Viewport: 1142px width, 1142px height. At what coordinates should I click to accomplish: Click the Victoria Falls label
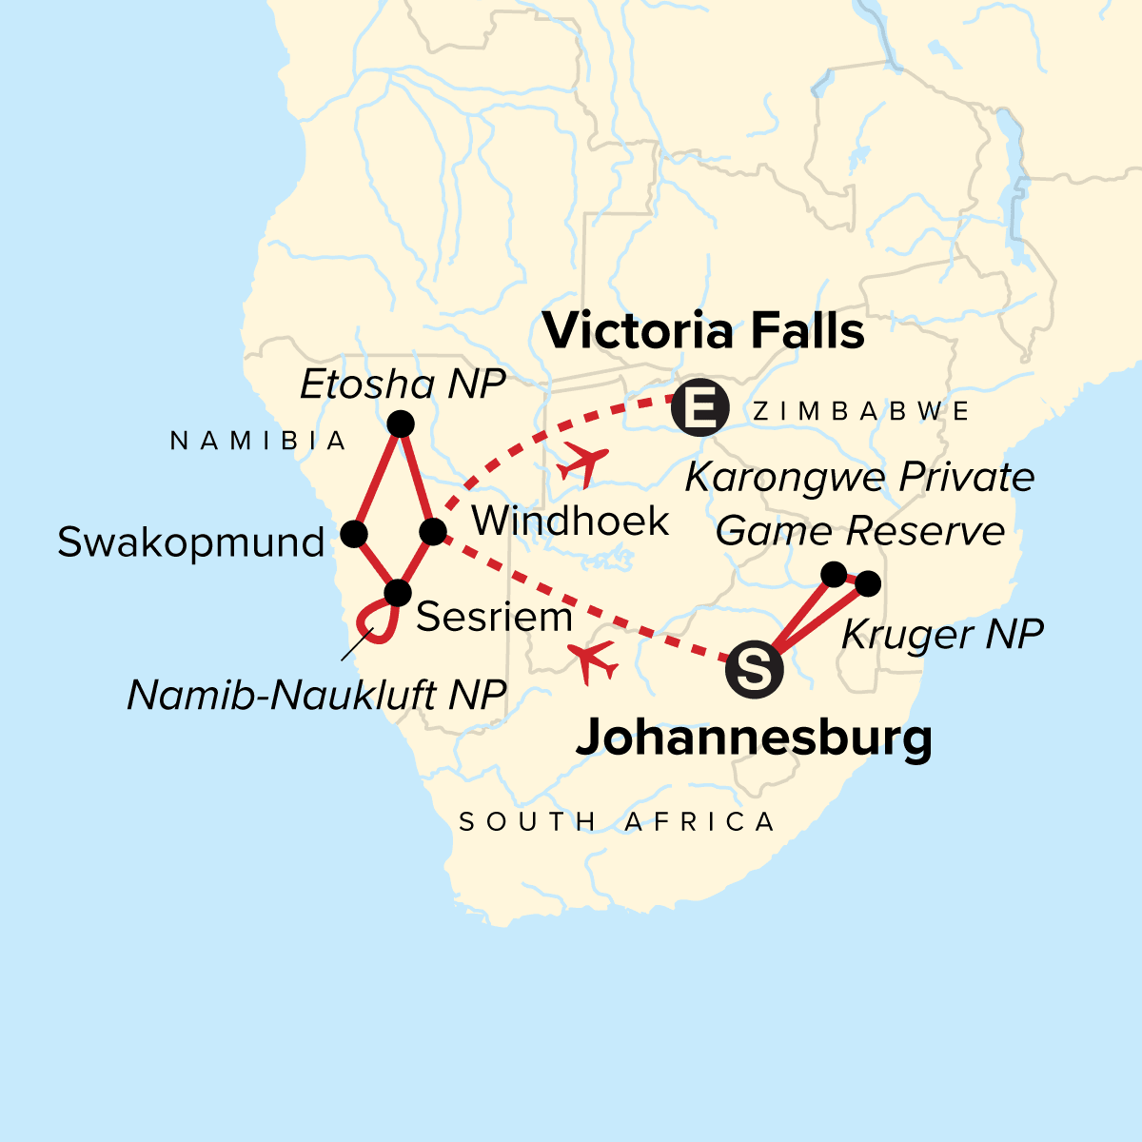point(703,332)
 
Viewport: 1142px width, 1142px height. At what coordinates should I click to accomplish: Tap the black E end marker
point(699,410)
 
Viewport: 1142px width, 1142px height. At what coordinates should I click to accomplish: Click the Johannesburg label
point(754,738)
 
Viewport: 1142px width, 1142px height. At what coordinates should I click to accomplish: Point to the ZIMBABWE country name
point(860,411)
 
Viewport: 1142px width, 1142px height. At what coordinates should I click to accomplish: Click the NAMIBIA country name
point(259,441)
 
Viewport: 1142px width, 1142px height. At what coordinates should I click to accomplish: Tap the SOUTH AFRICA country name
point(617,821)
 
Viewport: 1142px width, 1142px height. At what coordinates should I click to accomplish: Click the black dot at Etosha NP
point(401,423)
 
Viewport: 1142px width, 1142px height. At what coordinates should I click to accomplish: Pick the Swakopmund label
point(190,543)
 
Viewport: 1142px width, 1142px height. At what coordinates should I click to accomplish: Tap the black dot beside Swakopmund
point(354,534)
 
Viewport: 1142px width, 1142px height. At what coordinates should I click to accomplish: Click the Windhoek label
point(570,522)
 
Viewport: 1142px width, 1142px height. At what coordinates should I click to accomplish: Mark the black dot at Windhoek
point(432,531)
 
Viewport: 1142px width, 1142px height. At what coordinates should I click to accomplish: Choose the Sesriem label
point(494,618)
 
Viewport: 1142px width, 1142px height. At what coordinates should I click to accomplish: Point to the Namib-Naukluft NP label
point(316,696)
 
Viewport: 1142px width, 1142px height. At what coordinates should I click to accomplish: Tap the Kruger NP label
point(942,634)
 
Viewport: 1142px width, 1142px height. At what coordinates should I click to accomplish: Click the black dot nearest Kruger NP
point(867,583)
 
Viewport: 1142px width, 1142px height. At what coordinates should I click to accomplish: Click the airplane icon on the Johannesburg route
point(591,660)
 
